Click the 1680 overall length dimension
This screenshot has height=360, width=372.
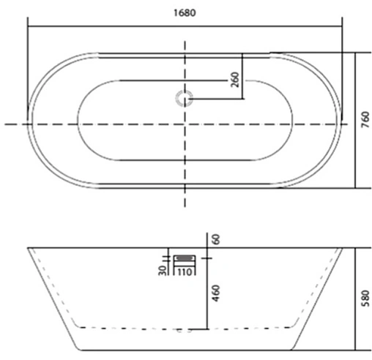click(x=185, y=12)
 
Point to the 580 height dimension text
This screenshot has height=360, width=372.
click(x=364, y=297)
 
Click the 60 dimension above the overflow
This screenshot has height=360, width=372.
click(x=215, y=239)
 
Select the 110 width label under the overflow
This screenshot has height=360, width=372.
click(x=183, y=273)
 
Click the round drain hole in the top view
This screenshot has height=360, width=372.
click(x=184, y=97)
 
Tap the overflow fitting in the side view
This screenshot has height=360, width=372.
click(x=183, y=258)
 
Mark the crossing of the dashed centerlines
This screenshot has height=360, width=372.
click(x=185, y=124)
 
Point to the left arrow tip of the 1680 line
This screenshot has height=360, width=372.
click(x=29, y=26)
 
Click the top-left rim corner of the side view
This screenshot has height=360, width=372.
click(x=28, y=247)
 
